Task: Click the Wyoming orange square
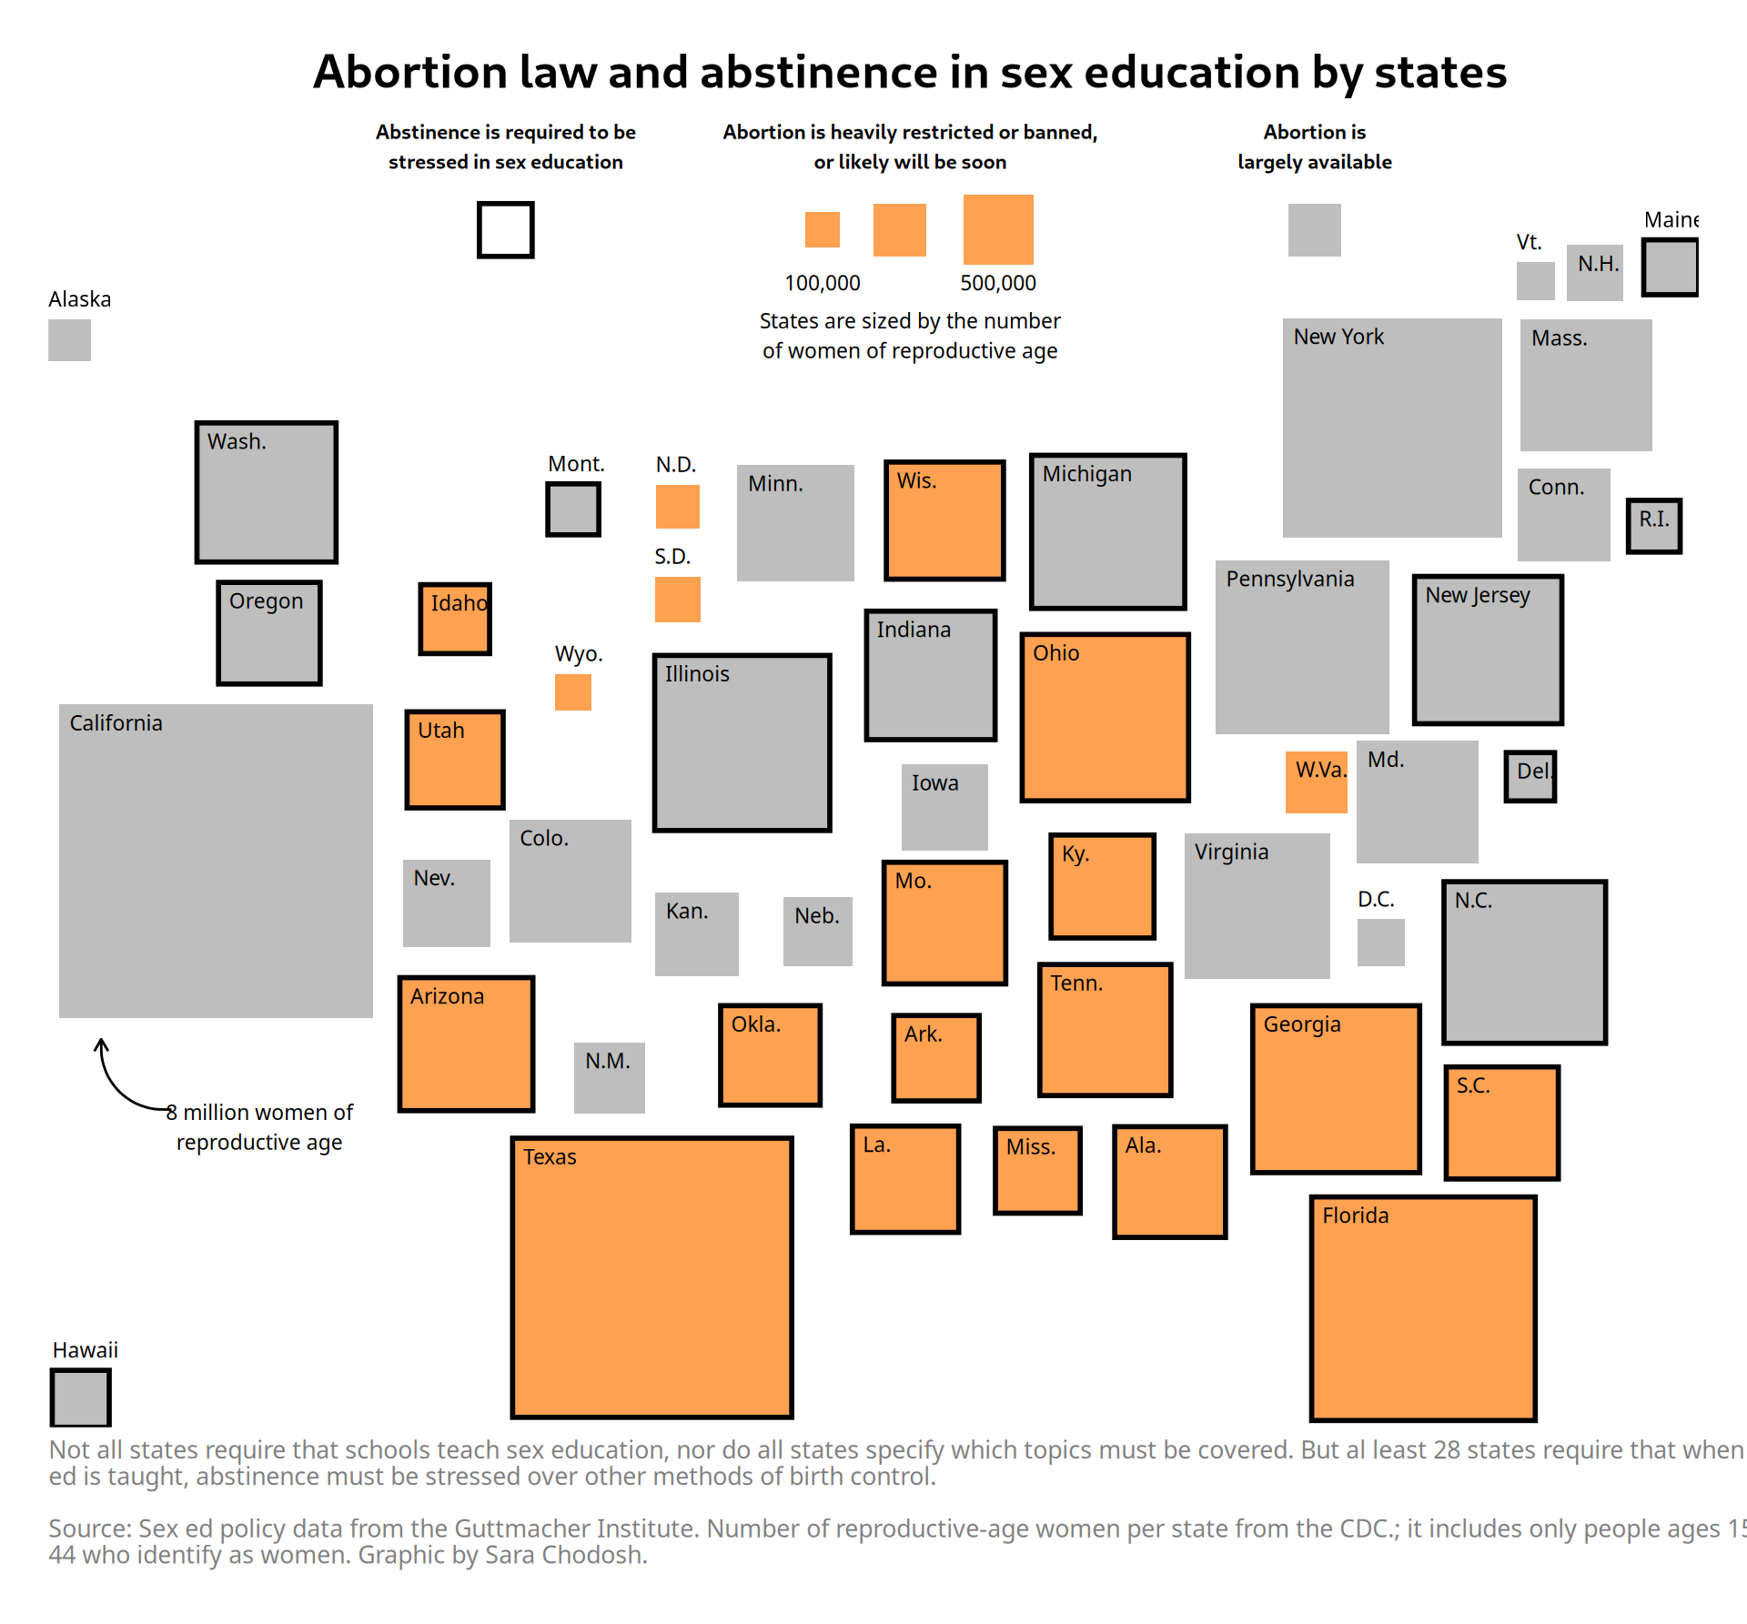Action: (573, 692)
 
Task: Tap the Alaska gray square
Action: (69, 340)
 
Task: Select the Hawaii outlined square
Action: (81, 1398)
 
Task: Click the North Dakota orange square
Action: (678, 507)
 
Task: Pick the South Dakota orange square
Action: (678, 600)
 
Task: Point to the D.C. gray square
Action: (1380, 943)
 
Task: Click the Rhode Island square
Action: (1654, 526)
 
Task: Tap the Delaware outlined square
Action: (1530, 776)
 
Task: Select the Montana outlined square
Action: (573, 509)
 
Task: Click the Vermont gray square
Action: (1536, 281)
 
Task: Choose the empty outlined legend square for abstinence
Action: (506, 230)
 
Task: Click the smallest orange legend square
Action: (823, 229)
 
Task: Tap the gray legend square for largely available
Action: (1315, 230)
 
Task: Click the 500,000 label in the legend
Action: (998, 283)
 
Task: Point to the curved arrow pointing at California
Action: (118, 1083)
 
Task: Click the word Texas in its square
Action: (550, 1157)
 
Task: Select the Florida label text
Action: (1356, 1215)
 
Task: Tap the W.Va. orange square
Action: (1317, 782)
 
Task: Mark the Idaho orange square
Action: (455, 620)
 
